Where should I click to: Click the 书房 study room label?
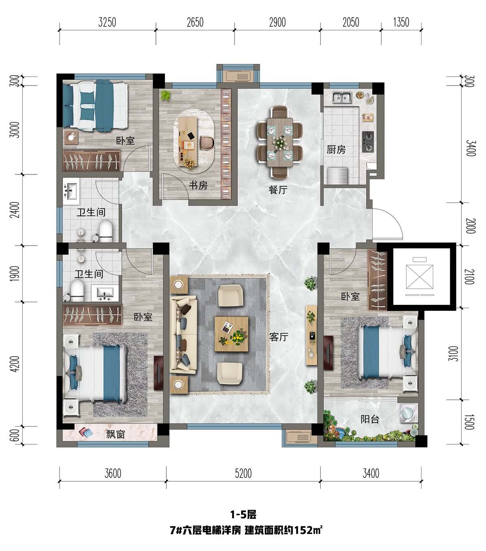click(x=198, y=185)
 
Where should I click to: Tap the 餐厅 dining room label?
click(x=278, y=190)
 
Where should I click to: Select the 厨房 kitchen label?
click(x=336, y=149)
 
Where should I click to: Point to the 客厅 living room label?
click(x=279, y=337)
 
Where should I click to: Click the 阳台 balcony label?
click(x=370, y=419)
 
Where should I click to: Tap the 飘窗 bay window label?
click(x=115, y=434)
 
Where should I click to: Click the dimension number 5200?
click(x=243, y=474)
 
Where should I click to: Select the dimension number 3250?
click(x=107, y=22)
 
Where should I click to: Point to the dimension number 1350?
click(x=401, y=22)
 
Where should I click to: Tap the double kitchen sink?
click(x=342, y=97)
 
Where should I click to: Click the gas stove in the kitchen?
click(x=368, y=142)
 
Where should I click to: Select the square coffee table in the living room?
click(x=231, y=334)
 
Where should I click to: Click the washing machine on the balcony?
click(x=409, y=413)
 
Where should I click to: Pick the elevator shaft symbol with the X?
click(x=419, y=277)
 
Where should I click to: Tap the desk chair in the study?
click(x=207, y=143)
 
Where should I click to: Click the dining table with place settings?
click(x=280, y=142)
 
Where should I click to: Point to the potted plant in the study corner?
click(x=165, y=96)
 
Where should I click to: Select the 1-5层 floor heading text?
click(x=243, y=515)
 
